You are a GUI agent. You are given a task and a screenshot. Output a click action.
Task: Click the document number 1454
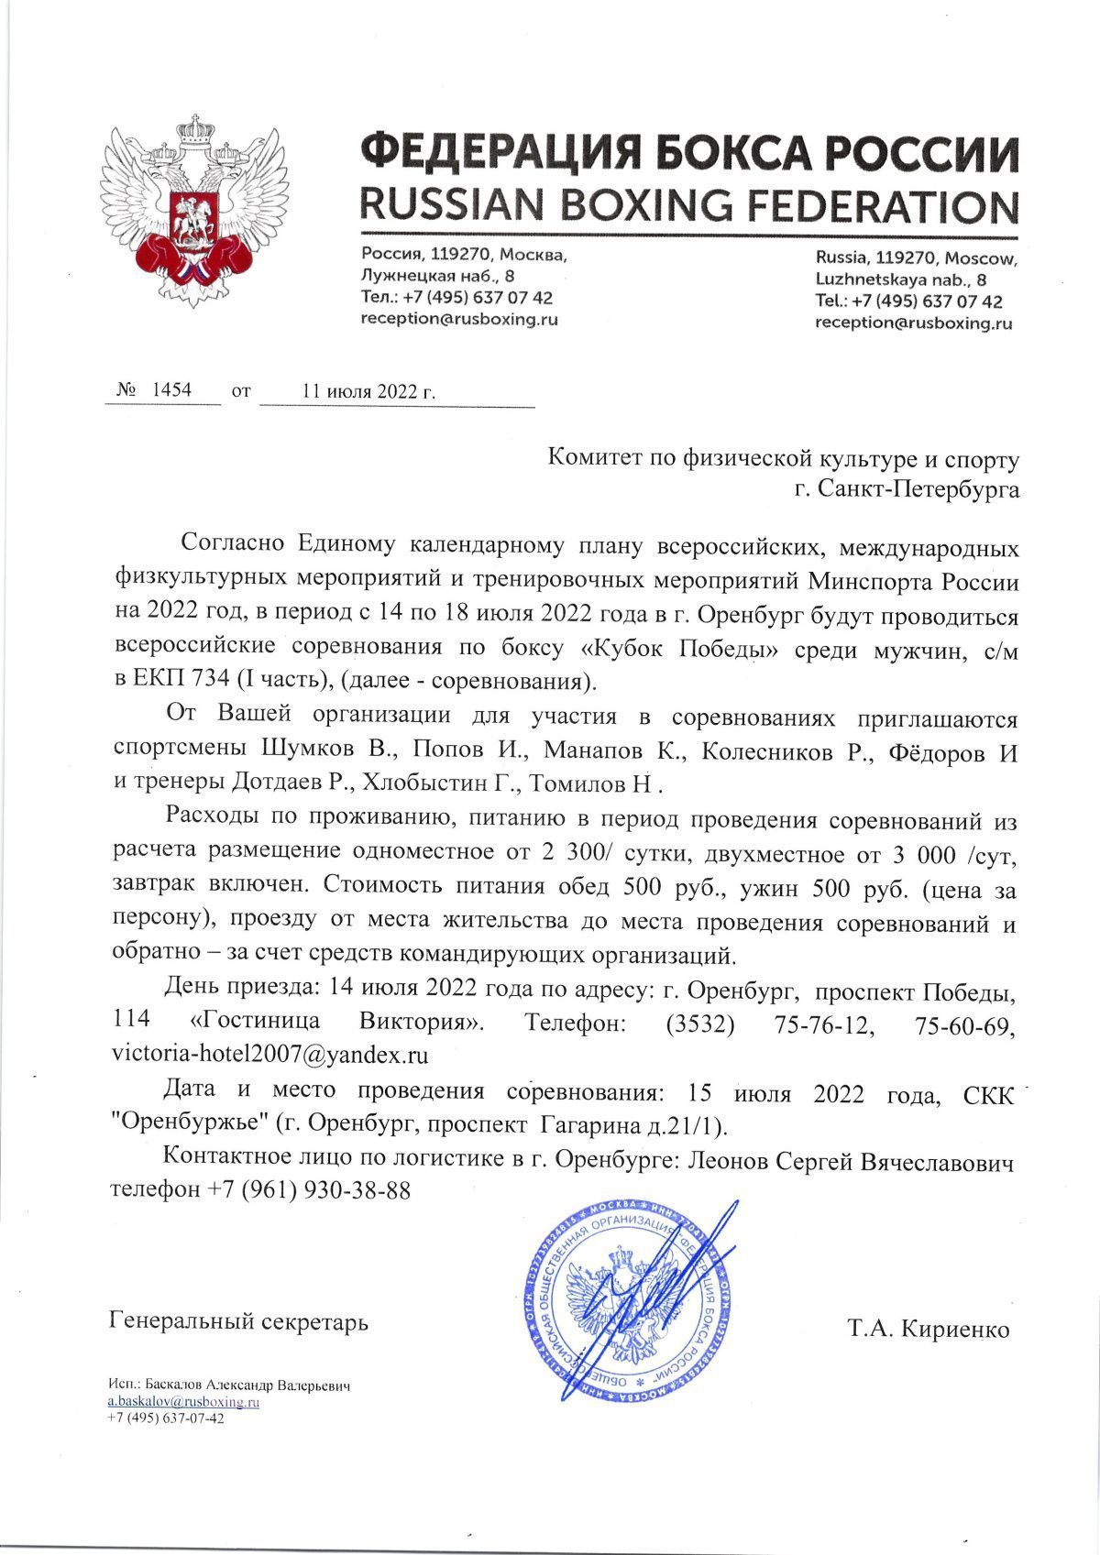coord(171,389)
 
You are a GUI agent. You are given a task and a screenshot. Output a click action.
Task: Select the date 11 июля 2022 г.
coord(368,391)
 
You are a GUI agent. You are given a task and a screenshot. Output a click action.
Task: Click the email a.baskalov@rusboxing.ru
coord(184,1402)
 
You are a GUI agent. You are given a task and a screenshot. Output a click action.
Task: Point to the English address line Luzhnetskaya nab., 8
coord(901,279)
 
